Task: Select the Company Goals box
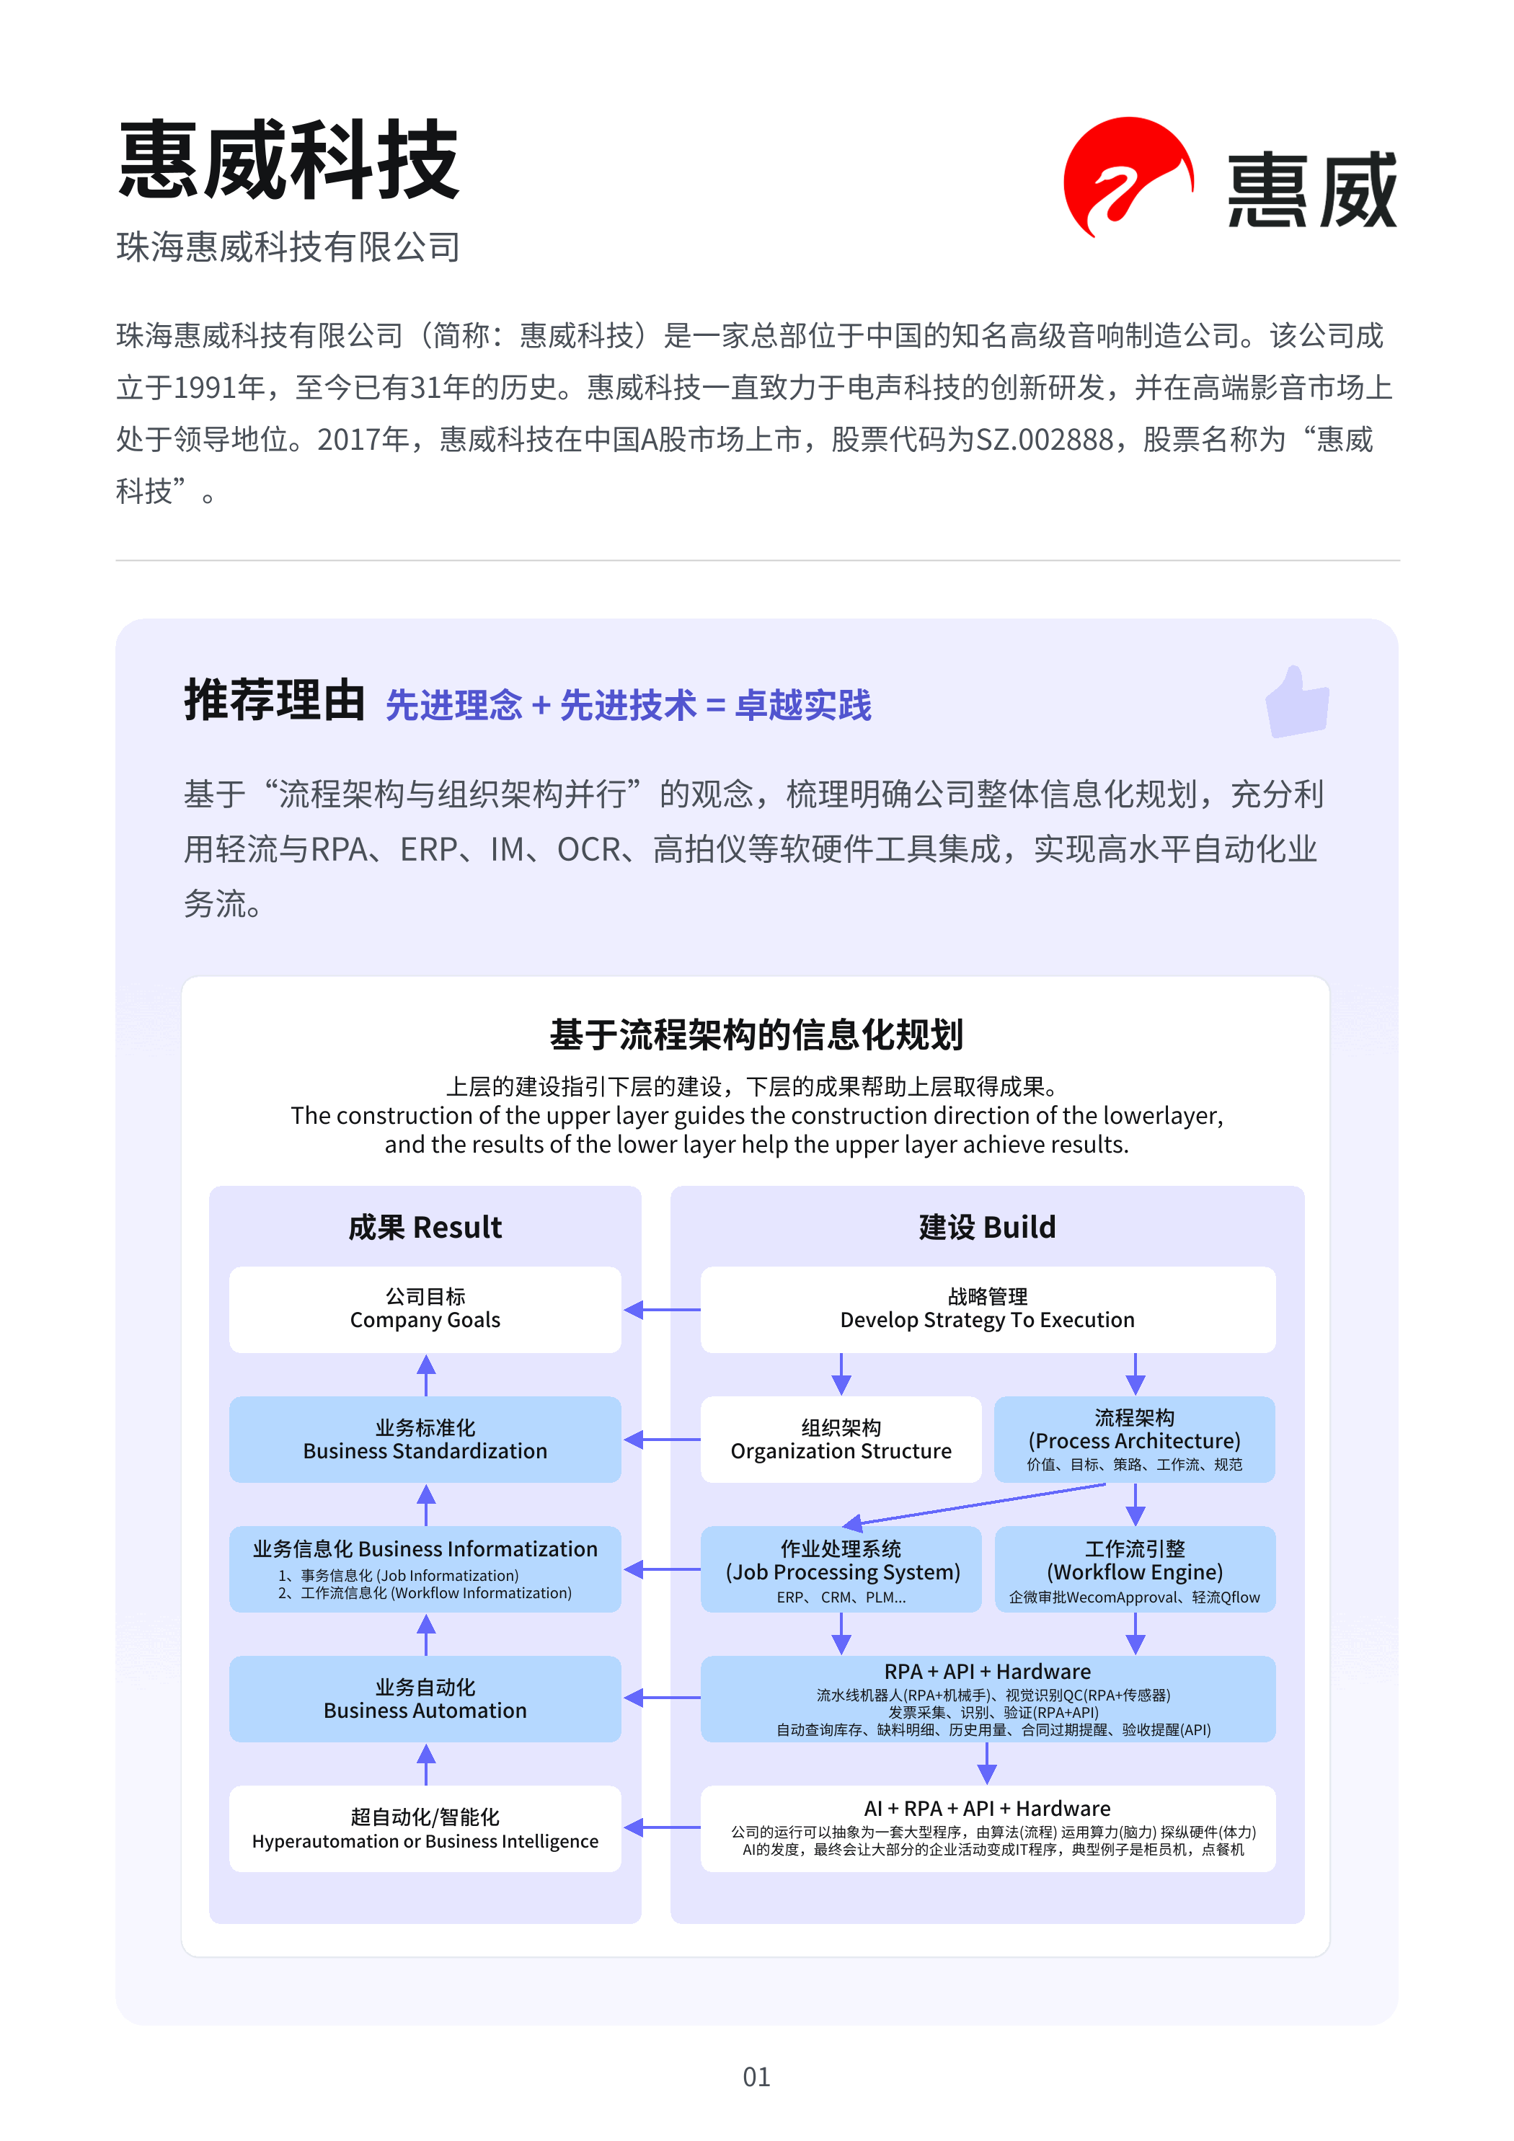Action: (x=425, y=1308)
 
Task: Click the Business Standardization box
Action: (x=425, y=1439)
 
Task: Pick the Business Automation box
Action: (x=425, y=1698)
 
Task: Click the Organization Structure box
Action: (x=841, y=1439)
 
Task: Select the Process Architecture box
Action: (x=1134, y=1439)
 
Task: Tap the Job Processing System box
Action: (x=841, y=1569)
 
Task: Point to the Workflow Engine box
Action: (x=1134, y=1569)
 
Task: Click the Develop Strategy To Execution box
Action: (x=987, y=1308)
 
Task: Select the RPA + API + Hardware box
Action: (x=987, y=1698)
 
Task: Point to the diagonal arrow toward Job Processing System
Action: (x=975, y=1505)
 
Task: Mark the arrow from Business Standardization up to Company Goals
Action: (x=426, y=1375)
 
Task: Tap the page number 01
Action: (x=756, y=2077)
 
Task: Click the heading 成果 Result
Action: (x=425, y=1227)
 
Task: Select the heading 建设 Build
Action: (x=987, y=1227)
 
